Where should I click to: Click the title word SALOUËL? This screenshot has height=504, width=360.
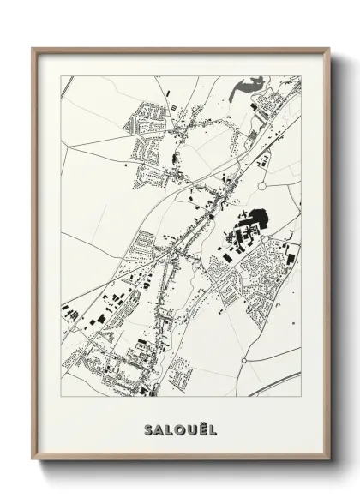(x=180, y=428)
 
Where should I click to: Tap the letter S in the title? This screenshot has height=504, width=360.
(x=149, y=428)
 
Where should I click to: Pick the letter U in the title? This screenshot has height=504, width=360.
(x=190, y=428)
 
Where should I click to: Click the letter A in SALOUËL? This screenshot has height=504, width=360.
(x=159, y=428)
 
